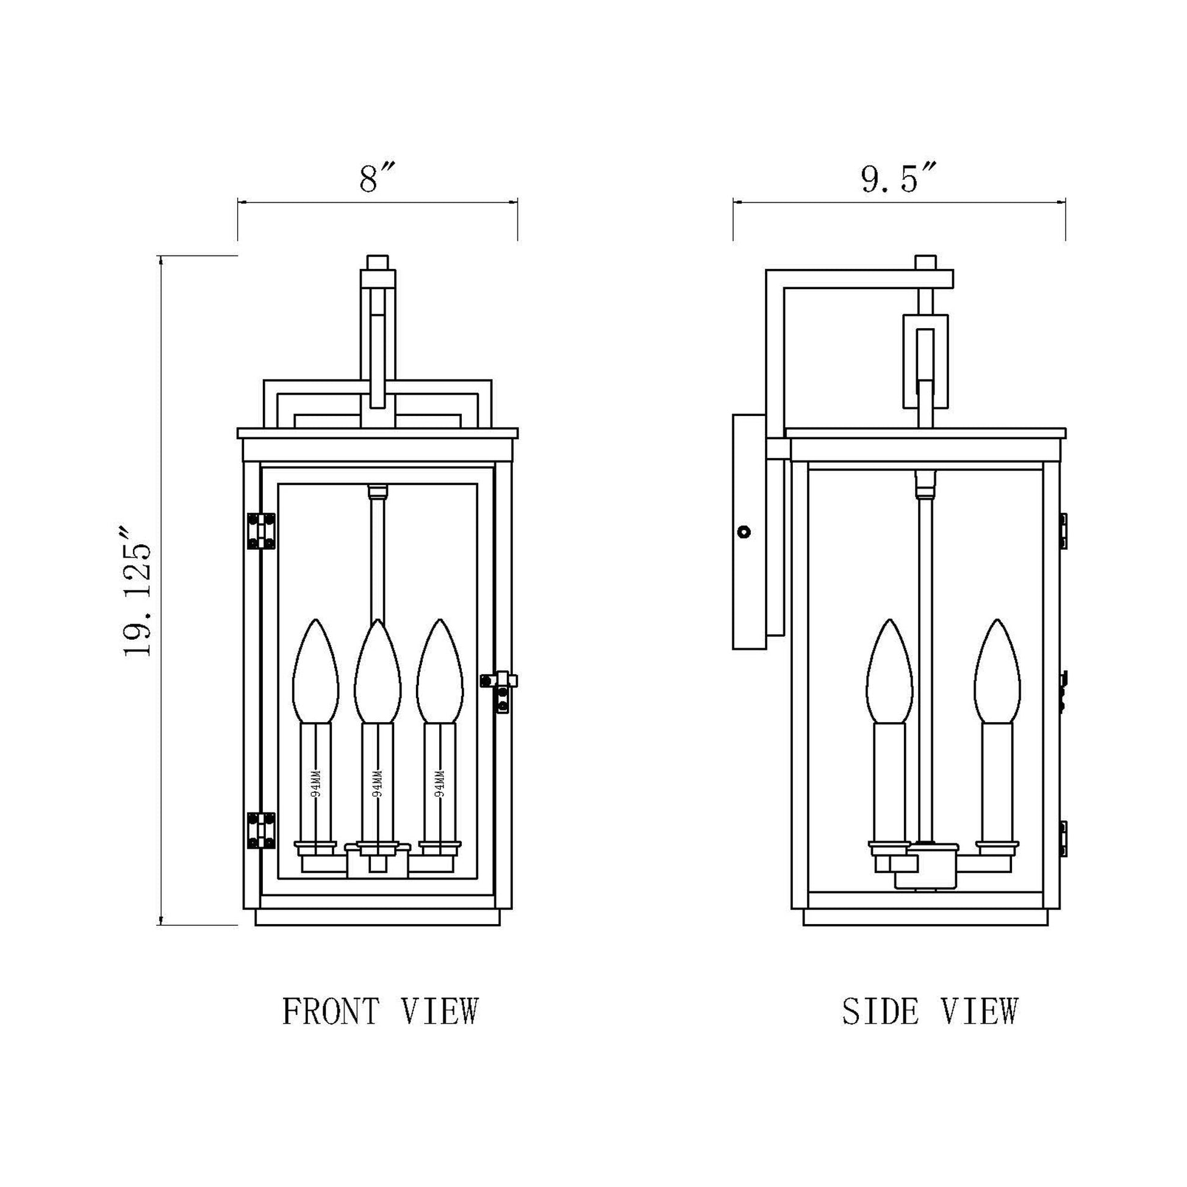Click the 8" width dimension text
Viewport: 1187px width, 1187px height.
tap(376, 179)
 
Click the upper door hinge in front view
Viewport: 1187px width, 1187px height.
tap(261, 531)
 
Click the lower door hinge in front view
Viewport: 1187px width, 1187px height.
tap(261, 830)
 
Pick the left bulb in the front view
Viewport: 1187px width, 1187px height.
tap(315, 673)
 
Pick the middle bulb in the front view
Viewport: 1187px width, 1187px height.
tap(377, 673)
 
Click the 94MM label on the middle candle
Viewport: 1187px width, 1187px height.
tap(377, 783)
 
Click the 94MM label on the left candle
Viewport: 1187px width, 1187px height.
tap(316, 783)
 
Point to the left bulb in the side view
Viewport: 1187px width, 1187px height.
tap(889, 673)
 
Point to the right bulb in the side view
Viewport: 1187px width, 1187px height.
tap(997, 673)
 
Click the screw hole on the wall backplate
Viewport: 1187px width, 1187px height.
tap(744, 531)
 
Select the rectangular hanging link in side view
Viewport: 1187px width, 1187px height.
tap(925, 361)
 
